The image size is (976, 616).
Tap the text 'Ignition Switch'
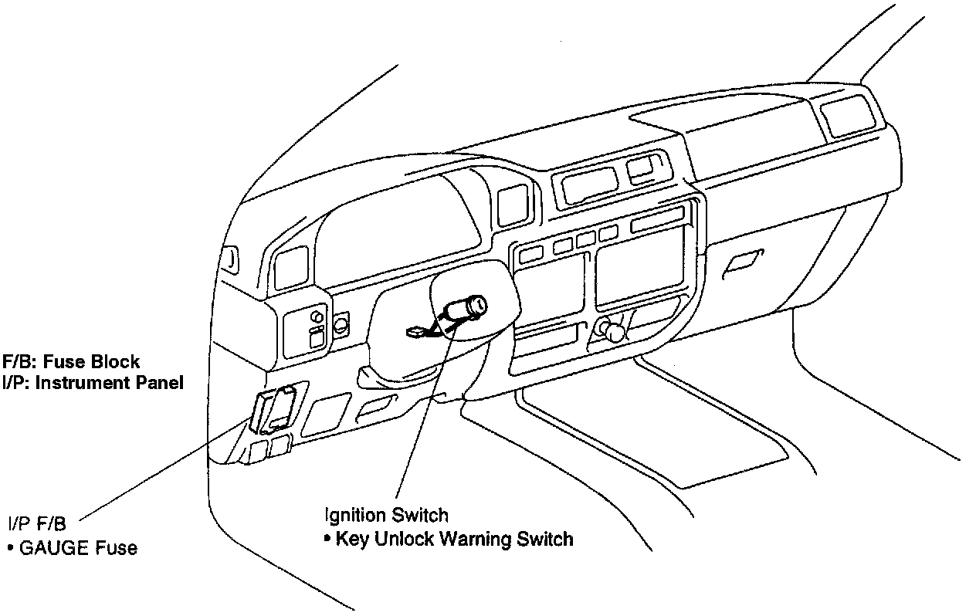pos(386,515)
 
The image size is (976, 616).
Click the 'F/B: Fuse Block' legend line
pos(71,361)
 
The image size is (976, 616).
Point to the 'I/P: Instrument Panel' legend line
pos(93,382)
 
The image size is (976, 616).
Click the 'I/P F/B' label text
pos(37,524)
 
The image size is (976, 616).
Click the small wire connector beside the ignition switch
pos(416,333)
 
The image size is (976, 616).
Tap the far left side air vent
pos(230,258)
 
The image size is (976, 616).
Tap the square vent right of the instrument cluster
pos(511,204)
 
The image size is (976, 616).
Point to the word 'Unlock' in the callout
pos(404,539)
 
